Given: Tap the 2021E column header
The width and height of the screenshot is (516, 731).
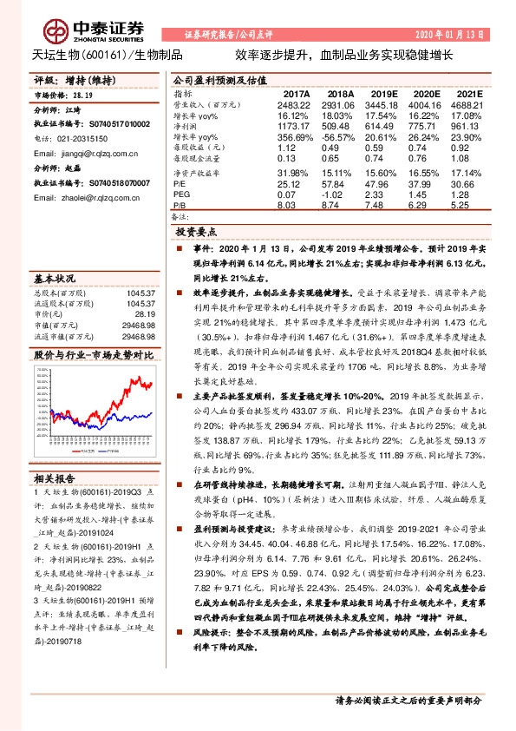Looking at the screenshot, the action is click(x=468, y=94).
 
